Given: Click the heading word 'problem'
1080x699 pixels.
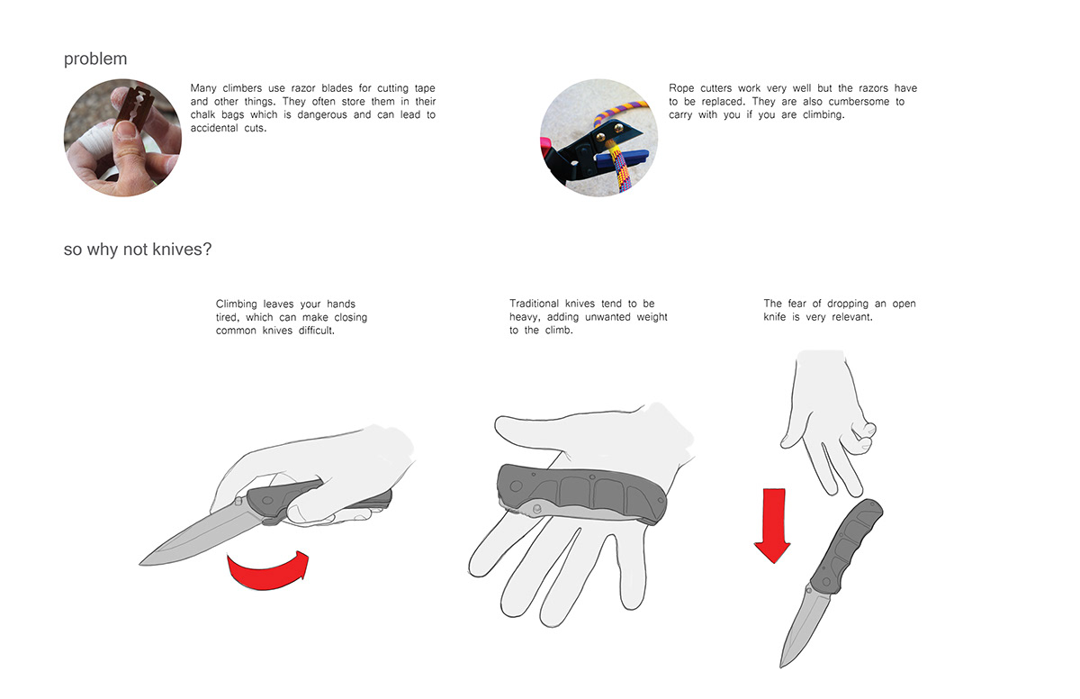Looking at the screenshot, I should point(95,59).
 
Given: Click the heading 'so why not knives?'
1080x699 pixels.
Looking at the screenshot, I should point(138,250).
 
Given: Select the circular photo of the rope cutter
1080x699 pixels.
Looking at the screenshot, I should point(598,138).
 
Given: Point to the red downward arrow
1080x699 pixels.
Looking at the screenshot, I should point(771,525).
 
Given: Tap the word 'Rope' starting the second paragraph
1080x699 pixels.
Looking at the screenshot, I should point(684,88).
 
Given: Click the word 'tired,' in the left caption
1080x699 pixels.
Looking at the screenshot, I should point(233,318).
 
